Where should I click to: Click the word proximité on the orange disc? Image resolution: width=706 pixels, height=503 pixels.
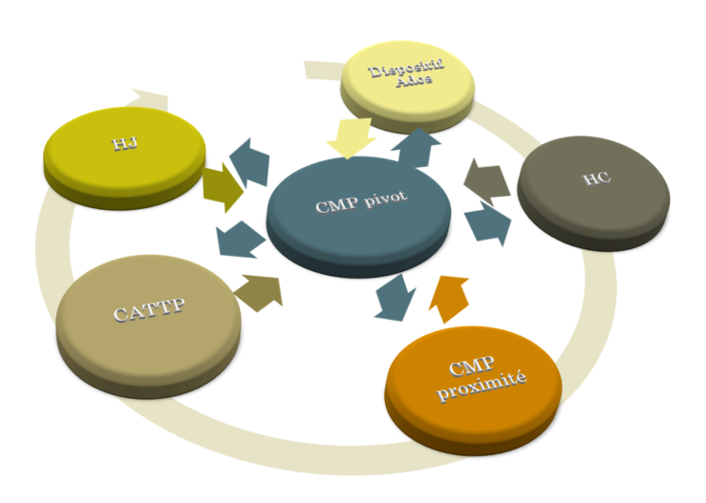(475, 390)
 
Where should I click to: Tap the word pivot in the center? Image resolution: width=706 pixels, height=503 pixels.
(388, 201)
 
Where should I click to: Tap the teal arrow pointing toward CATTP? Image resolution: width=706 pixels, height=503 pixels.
(240, 240)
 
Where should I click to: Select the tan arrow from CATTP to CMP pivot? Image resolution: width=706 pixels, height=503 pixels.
(260, 291)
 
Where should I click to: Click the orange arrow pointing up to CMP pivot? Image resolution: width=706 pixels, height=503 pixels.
(449, 294)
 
